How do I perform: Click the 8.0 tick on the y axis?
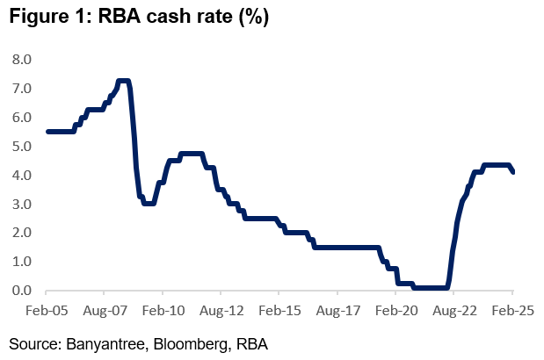[21, 60]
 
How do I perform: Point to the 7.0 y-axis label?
[21, 89]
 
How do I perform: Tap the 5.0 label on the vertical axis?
[21, 147]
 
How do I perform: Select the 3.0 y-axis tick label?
[21, 205]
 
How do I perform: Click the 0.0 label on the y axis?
[21, 291]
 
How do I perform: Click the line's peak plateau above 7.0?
[124, 82]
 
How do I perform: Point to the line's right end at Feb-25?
[513, 171]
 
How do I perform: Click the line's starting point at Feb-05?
[47, 132]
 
